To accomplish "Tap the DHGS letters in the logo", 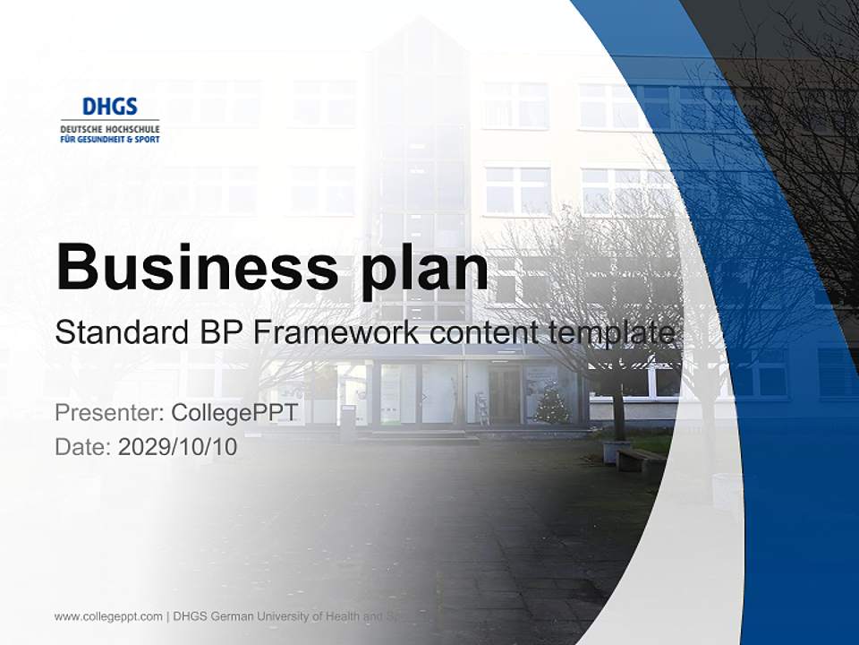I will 109,107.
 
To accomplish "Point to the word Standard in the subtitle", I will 118,333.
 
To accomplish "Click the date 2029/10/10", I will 178,447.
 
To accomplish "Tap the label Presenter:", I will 108,413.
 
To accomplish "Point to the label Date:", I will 83,447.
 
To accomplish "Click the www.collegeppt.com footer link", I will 108,616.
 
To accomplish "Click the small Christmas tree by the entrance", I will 551,404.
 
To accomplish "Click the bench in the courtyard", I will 641,460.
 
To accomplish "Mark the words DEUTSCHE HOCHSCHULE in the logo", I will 109,129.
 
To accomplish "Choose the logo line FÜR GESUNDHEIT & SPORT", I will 109,139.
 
